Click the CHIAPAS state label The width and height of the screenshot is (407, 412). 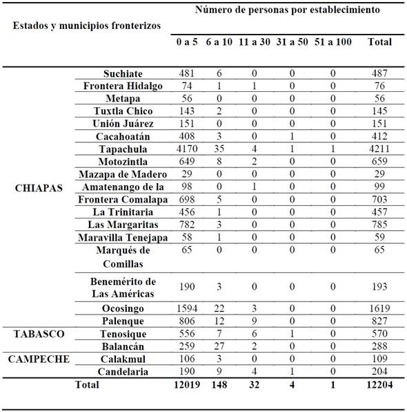[x=39, y=187]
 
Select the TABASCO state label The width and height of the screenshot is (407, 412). [x=39, y=333]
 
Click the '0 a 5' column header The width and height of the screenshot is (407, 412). [x=186, y=42]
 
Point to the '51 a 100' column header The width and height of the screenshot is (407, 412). [x=332, y=42]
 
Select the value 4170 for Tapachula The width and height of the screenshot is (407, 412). [x=186, y=149]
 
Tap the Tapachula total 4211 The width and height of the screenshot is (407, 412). [x=380, y=149]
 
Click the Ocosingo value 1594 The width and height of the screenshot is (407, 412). [x=186, y=308]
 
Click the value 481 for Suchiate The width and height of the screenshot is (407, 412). [x=186, y=74]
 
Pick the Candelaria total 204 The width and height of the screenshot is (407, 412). [x=380, y=372]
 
